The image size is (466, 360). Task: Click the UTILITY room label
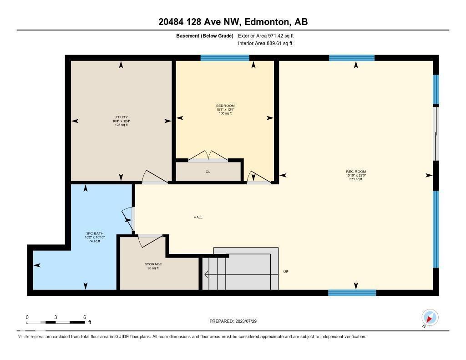coord(121,117)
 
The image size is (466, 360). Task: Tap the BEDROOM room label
coord(225,106)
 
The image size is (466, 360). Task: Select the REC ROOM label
coord(355,172)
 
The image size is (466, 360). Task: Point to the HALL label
coord(198,218)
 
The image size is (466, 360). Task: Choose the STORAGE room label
coord(153,264)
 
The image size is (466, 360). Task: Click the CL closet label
coord(208,172)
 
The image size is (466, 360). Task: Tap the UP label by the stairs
coord(286,272)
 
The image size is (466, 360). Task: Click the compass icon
coord(430,317)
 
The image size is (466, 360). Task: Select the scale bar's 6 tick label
coord(85,317)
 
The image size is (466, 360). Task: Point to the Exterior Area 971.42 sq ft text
coord(269,35)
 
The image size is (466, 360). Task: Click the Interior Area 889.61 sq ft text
coord(265,44)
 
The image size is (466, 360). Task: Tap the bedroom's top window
coord(225,58)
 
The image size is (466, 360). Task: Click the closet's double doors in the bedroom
coord(208,157)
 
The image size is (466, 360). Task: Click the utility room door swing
coord(152,178)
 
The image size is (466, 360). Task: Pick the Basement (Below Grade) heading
coord(204,35)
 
